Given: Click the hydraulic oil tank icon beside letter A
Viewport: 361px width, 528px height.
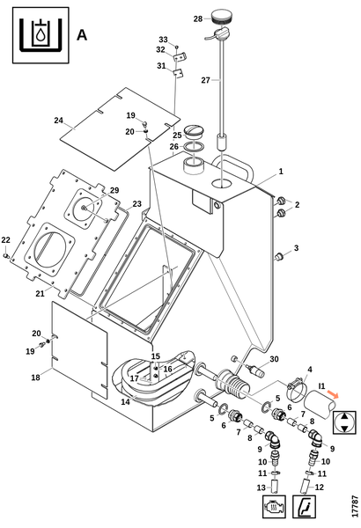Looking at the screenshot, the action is click(x=41, y=35).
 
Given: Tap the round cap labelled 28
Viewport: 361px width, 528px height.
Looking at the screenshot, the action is click(x=220, y=17).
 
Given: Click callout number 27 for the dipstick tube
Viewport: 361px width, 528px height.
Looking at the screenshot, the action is click(x=206, y=80).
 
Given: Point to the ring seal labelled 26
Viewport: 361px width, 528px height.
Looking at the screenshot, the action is click(x=195, y=147).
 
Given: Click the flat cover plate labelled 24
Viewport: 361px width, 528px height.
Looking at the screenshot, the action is click(x=120, y=129).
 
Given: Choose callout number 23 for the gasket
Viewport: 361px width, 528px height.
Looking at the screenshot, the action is click(x=136, y=204).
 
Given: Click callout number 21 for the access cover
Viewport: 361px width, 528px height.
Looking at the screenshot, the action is click(x=41, y=294).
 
